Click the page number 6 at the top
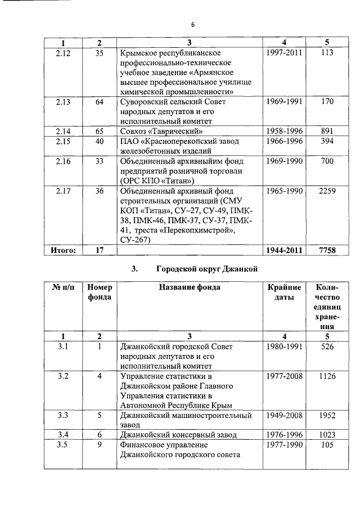[x=192, y=25]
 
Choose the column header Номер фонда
[x=100, y=292]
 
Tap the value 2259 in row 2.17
[x=323, y=191]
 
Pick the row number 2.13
[x=64, y=101]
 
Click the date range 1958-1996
[x=283, y=132]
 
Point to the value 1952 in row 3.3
[x=323, y=416]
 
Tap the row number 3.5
[x=64, y=445]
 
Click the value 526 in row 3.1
[x=323, y=346]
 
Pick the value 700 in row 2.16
[x=323, y=161]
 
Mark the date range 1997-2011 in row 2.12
[x=283, y=52]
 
